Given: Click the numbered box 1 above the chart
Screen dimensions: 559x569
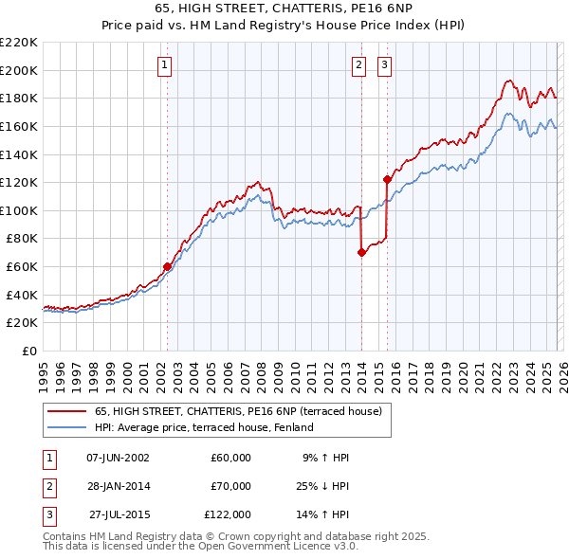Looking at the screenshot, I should pyautogui.click(x=165, y=65).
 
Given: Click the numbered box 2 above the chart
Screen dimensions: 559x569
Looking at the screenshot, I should pyautogui.click(x=359, y=65).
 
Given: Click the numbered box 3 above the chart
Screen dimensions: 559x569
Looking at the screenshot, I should pyautogui.click(x=385, y=65).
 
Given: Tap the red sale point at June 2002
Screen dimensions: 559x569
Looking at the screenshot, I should pyautogui.click(x=167, y=267).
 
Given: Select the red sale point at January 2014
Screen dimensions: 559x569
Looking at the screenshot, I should pyautogui.click(x=361, y=253).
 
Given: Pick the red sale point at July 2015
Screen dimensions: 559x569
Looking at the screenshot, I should pyautogui.click(x=387, y=179).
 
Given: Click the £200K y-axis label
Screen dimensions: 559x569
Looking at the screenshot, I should pyautogui.click(x=19, y=70).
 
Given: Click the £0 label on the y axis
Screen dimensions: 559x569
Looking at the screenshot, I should pyautogui.click(x=28, y=351).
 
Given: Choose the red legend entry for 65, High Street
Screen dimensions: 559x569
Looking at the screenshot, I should pyautogui.click(x=237, y=411).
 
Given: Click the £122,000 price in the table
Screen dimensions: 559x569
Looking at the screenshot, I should pyautogui.click(x=228, y=514).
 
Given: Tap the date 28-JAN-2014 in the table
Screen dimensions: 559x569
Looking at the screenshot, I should pyautogui.click(x=118, y=486).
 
